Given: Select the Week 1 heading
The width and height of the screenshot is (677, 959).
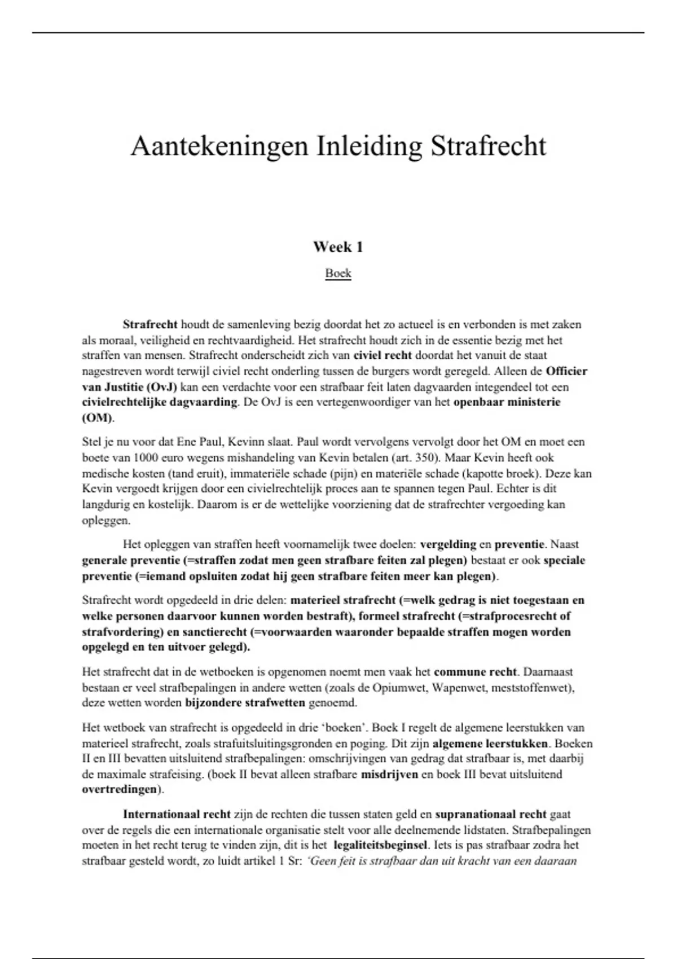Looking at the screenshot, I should [338, 247].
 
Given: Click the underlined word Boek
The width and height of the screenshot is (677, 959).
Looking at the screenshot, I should [338, 273].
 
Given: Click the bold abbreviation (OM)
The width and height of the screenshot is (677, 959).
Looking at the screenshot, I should [97, 418].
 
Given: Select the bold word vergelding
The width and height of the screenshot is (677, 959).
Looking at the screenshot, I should [448, 544].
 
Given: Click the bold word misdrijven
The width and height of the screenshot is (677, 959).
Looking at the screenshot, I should [389, 775].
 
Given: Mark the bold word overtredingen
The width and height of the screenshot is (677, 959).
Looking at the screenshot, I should [119, 790].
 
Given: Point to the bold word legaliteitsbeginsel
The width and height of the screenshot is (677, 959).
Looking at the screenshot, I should [381, 846].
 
